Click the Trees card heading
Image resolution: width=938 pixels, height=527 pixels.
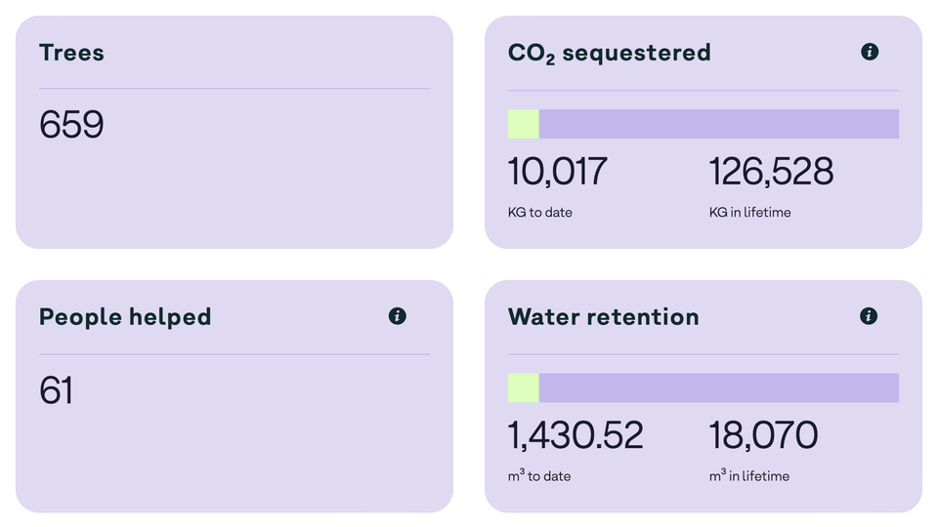(x=71, y=53)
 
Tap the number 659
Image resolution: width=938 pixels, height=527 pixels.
(x=71, y=125)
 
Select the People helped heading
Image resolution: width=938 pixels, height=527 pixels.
(x=125, y=317)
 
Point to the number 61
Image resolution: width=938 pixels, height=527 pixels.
(x=57, y=390)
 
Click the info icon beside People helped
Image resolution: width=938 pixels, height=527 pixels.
(x=397, y=316)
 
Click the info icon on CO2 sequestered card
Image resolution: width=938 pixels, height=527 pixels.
(x=869, y=52)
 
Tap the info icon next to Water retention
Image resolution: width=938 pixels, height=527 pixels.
(x=869, y=316)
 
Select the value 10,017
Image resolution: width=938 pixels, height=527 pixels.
(x=557, y=172)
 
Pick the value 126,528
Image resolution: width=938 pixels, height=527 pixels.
(x=771, y=172)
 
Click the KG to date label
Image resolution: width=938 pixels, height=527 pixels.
(x=540, y=212)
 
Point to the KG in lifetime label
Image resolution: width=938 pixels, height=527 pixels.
(x=750, y=212)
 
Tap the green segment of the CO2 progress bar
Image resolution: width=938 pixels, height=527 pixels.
(x=523, y=124)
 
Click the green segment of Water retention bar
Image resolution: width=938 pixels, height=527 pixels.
(x=523, y=387)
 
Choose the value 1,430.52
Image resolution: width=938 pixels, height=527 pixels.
(x=576, y=435)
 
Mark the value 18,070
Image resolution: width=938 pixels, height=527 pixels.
(x=763, y=435)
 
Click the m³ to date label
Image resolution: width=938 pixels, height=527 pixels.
(x=539, y=476)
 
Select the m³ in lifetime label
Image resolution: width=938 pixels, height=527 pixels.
(x=749, y=476)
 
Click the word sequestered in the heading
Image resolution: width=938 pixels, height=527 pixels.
(x=636, y=54)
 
